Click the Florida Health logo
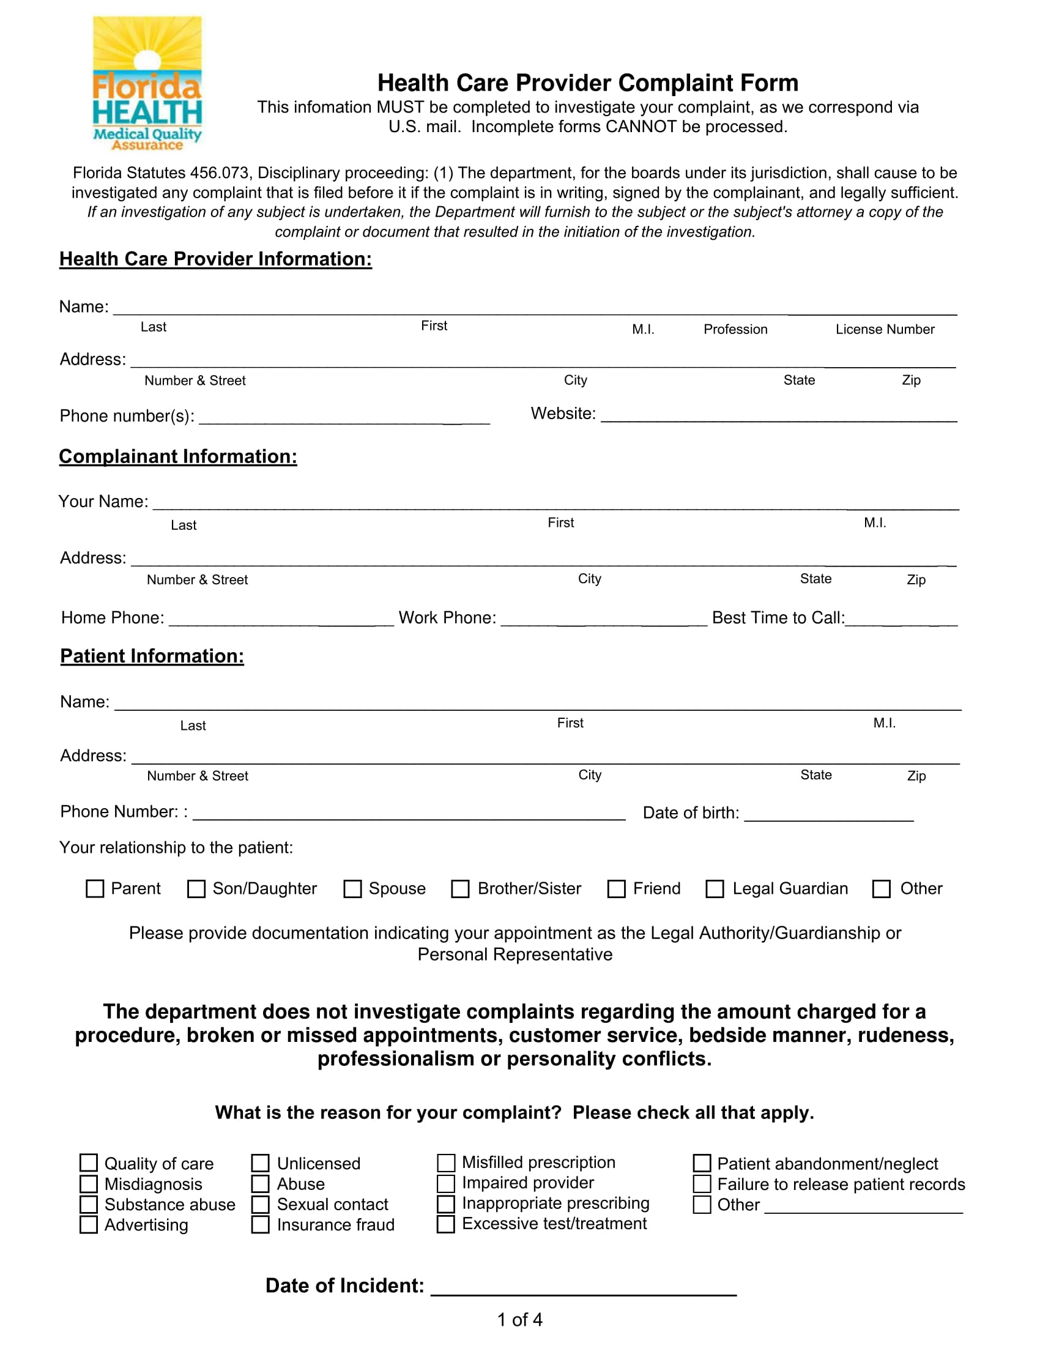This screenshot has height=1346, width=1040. point(147,83)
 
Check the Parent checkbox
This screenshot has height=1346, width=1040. point(94,888)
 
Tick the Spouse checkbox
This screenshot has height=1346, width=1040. point(352,888)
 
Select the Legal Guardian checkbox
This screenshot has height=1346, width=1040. point(714,888)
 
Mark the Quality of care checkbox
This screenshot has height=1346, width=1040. point(89,1162)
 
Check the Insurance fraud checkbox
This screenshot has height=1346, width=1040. point(260,1224)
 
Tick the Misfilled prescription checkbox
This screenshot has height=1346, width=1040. point(445,1162)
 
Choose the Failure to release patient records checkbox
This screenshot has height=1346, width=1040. point(702,1183)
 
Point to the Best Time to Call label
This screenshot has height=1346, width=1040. point(778,617)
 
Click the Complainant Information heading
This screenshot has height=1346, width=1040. point(177,456)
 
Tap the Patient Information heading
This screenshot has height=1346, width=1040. point(152,656)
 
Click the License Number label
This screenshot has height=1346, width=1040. point(884,329)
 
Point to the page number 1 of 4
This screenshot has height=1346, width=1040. point(519,1319)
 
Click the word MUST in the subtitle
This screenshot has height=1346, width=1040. point(400,107)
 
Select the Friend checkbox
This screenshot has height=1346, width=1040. point(616,888)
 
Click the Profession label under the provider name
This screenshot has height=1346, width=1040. point(735,329)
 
